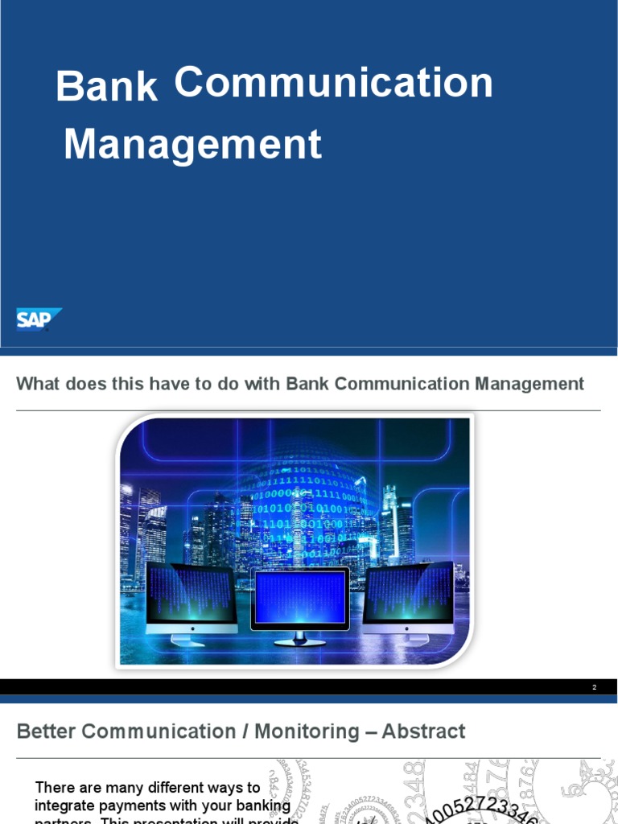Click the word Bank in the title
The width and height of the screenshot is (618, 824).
pyautogui.click(x=106, y=87)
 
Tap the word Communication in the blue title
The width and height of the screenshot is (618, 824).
pyautogui.click(x=333, y=82)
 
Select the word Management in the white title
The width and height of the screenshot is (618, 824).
pyautogui.click(x=192, y=145)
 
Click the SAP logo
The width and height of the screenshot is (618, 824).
pyautogui.click(x=38, y=319)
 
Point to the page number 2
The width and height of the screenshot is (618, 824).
pyautogui.click(x=594, y=687)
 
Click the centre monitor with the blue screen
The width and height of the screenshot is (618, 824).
pyautogui.click(x=299, y=599)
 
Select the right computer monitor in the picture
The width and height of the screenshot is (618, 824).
pyautogui.click(x=408, y=596)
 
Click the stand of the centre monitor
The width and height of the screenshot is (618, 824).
pyautogui.click(x=299, y=639)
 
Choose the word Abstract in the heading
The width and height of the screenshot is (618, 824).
pyautogui.click(x=423, y=731)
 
